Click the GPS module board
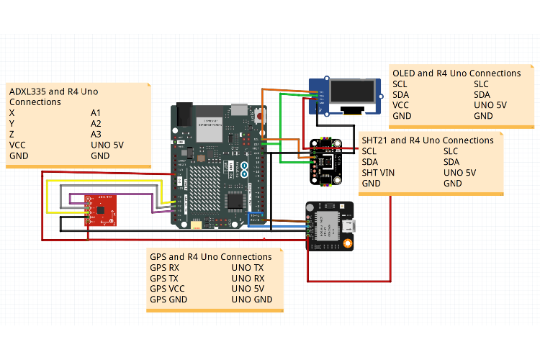tap(329, 226)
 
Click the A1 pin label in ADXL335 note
tap(97, 113)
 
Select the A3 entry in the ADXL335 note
tap(97, 134)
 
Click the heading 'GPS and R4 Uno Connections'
tap(210, 257)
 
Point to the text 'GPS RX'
tap(164, 268)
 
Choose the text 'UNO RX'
tap(247, 279)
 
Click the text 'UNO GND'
tap(251, 300)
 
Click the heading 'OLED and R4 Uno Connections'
tap(456, 73)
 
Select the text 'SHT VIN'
tap(379, 173)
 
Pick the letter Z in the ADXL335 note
tap(12, 134)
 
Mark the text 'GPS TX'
tap(164, 279)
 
